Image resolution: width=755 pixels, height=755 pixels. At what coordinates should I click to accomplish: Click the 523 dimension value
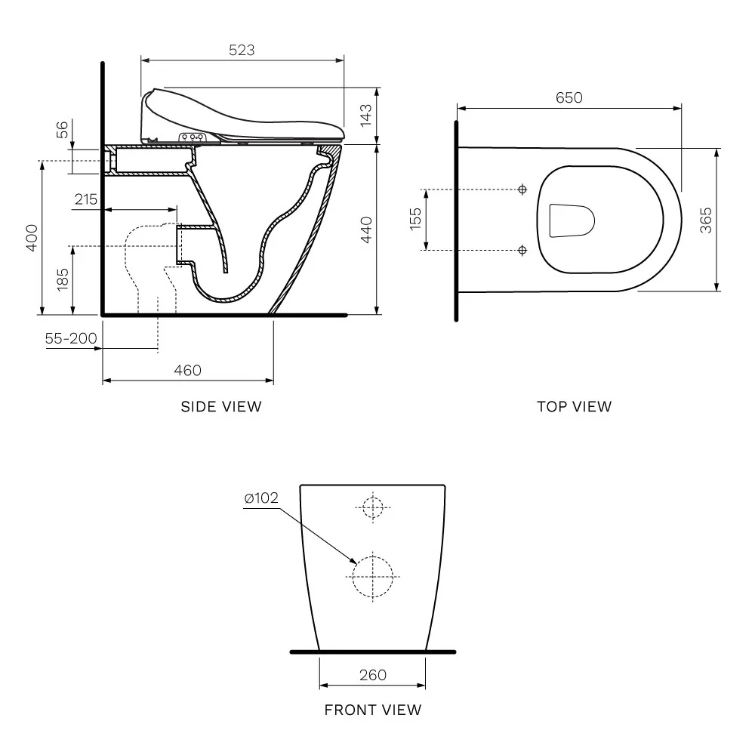point(242,50)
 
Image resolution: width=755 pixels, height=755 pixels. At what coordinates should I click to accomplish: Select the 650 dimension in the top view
point(569,97)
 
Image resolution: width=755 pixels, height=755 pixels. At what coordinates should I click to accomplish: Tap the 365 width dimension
point(705,220)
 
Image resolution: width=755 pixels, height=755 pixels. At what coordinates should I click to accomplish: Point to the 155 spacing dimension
point(415,219)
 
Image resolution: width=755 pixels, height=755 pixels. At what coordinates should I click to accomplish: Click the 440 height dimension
point(366,230)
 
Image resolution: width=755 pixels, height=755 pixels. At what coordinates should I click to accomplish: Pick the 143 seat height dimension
point(366,115)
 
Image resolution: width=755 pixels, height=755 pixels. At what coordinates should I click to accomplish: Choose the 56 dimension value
point(63,130)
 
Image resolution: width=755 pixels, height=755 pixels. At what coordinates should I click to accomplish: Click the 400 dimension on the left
point(32,237)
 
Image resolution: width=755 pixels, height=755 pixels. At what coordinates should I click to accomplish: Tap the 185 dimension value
point(63,279)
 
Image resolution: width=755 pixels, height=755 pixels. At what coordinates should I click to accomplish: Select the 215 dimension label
point(86,199)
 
